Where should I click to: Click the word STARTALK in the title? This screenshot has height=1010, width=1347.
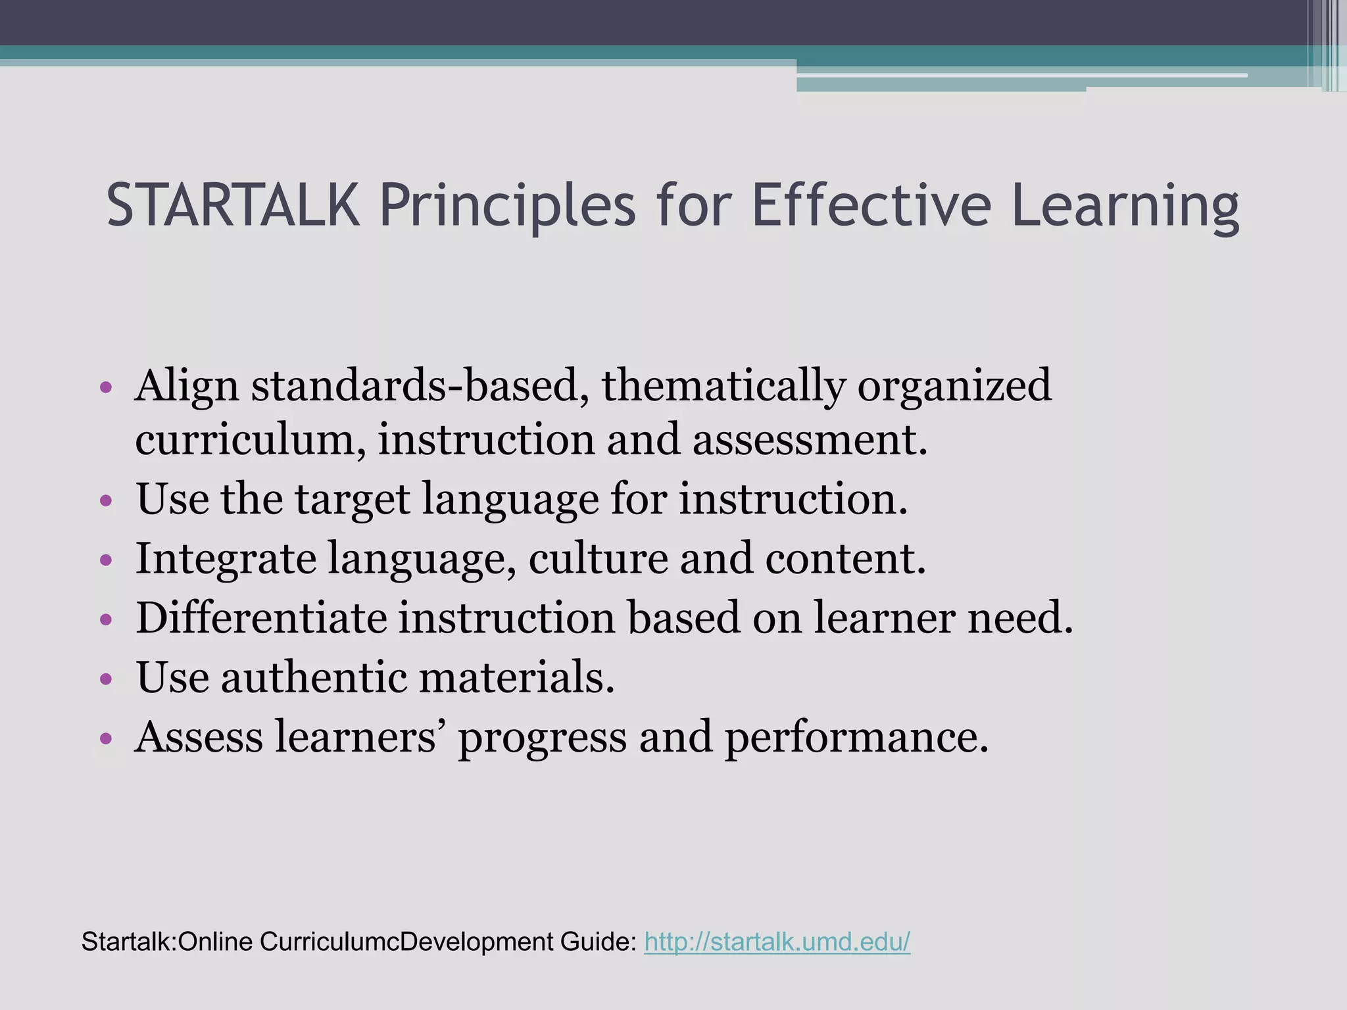click(x=233, y=206)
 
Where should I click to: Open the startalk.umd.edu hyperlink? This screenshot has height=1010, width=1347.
click(x=777, y=942)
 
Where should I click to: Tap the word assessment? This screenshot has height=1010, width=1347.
click(x=809, y=439)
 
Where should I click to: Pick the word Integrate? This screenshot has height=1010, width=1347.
click(x=226, y=560)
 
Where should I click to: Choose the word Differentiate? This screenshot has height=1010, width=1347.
click(x=261, y=617)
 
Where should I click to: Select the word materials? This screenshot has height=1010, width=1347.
click(x=516, y=677)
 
